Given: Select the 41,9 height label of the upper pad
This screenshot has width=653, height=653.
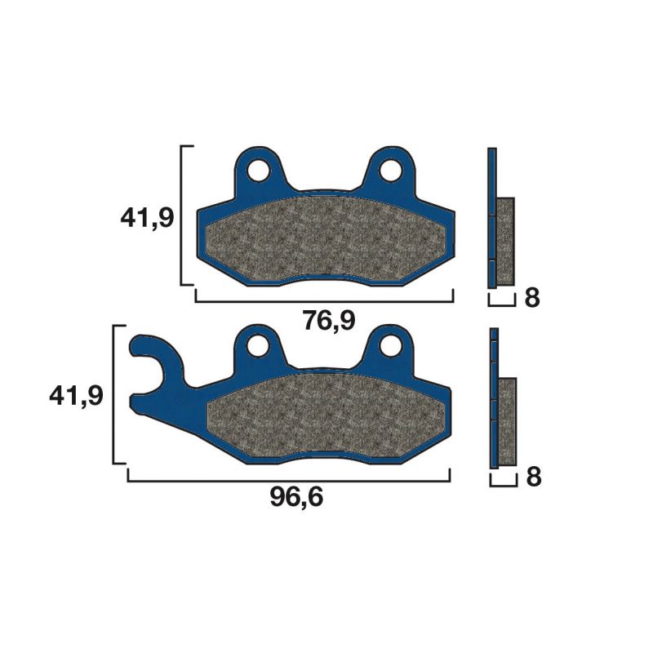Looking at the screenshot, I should (146, 218).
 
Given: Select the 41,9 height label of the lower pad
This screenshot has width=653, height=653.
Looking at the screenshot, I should (76, 396).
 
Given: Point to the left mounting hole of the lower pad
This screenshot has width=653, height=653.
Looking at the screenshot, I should (260, 346).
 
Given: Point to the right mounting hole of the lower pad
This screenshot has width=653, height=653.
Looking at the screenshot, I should (391, 346).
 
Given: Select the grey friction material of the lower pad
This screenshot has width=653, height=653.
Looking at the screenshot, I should (326, 413).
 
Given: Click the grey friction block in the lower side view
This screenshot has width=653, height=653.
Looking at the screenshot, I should (507, 422).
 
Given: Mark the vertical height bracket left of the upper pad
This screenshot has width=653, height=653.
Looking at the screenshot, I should (182, 216).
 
